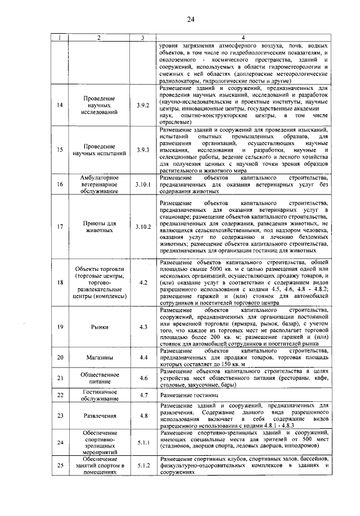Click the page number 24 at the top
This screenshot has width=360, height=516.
coord(191,20)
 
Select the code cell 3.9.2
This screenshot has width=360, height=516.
coord(143,105)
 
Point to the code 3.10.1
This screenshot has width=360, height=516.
coord(143,184)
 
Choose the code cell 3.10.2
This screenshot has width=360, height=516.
coord(143,227)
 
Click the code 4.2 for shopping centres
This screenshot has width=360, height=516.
coord(143,282)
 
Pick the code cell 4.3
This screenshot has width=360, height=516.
coord(143,327)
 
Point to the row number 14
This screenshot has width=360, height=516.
coord(60,105)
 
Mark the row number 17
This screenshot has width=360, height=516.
coord(60,227)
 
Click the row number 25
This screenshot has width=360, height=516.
coord(60,465)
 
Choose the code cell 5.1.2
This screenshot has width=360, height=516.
coord(143,465)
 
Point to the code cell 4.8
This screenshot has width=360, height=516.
coord(143,416)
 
